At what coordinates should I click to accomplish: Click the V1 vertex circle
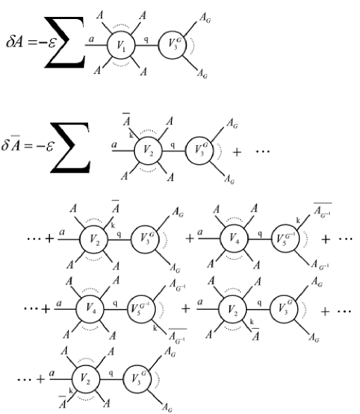click(120, 48)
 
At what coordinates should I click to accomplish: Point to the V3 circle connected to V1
click(172, 47)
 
